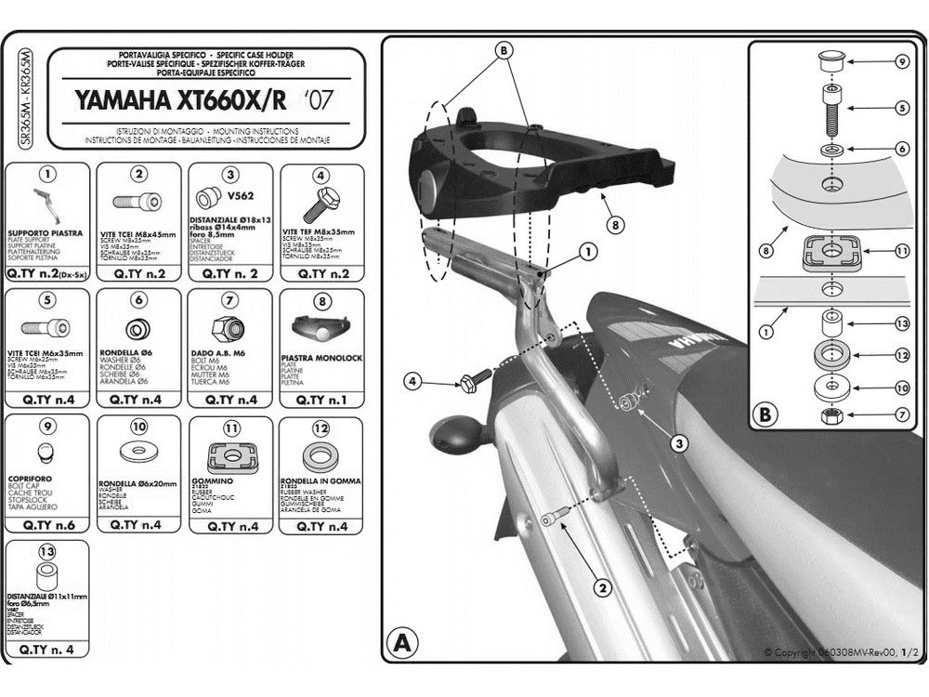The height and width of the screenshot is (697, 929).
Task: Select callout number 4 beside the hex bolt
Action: [412, 379]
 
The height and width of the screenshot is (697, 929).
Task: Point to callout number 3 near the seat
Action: [680, 444]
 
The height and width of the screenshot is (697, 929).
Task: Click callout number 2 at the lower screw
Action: [601, 586]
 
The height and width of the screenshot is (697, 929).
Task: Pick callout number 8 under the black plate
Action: [613, 224]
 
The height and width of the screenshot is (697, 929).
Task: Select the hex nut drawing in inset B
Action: [831, 414]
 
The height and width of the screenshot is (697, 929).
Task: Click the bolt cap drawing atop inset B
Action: [831, 61]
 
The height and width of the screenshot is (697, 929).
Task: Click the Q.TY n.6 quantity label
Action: [46, 526]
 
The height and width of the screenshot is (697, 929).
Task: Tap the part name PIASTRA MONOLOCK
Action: [321, 358]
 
